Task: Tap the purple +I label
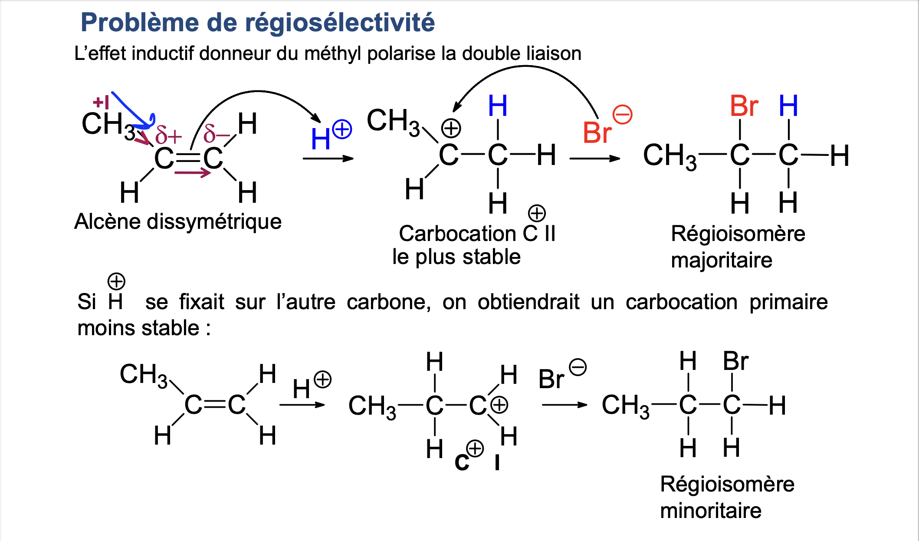101,102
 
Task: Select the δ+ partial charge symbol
168,135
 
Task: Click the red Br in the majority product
744,106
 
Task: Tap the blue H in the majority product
788,106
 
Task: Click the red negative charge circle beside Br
622,115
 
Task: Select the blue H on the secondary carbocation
498,106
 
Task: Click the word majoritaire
722,261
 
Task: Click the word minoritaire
711,511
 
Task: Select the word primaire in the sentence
788,302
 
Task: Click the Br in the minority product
735,361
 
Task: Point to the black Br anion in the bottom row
551,379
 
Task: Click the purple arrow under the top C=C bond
192,173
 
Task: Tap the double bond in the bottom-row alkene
215,405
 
